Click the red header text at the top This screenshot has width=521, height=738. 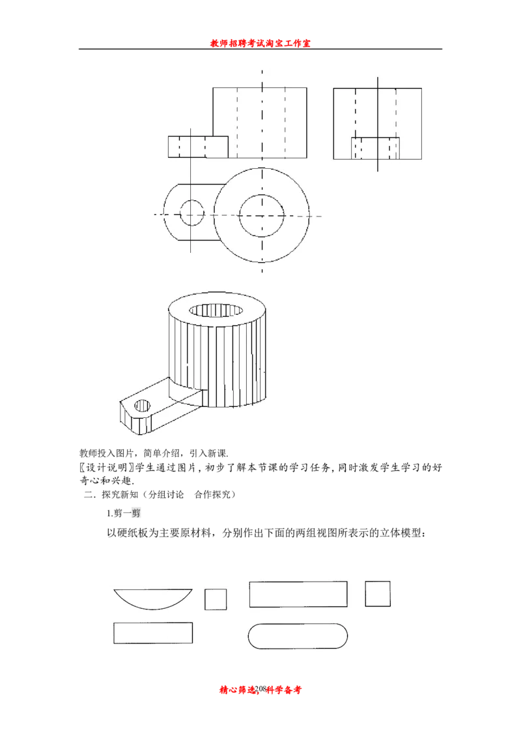pos(260,43)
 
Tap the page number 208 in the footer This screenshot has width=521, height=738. pos(261,689)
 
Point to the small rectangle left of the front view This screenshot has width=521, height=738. pos(198,147)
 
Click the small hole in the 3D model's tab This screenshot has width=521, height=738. pos(143,405)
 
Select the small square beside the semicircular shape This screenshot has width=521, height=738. pos(216,599)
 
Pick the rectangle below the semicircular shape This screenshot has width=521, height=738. pos(153,632)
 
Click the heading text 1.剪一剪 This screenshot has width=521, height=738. pos(124,513)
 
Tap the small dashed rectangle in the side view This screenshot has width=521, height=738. pos(375,148)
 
